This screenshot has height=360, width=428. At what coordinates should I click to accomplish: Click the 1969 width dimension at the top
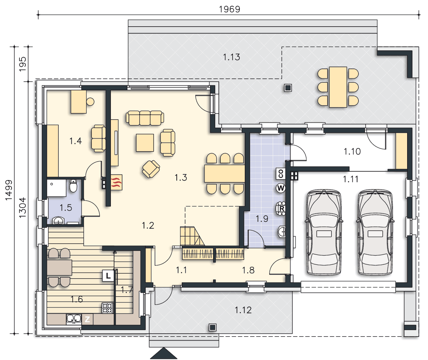pos(230,9)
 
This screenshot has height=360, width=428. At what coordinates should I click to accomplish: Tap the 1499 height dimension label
pos(9,190)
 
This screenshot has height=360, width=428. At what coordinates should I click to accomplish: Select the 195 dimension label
pos(22,64)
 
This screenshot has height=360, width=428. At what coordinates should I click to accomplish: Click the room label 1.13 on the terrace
pos(231,57)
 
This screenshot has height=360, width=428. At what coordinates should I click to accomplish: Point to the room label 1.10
pos(352,151)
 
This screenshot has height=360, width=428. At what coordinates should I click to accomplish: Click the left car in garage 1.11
pos(324,232)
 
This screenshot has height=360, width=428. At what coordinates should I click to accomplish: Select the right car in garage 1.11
pos(375,232)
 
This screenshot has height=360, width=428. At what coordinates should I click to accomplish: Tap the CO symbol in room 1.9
pos(281,173)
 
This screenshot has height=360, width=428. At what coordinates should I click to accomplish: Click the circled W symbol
pos(281,188)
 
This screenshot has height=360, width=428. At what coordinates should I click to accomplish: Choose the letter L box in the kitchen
pos(108,276)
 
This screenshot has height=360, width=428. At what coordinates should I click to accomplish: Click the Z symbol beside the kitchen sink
pos(87,319)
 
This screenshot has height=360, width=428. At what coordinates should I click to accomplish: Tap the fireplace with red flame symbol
pos(117,182)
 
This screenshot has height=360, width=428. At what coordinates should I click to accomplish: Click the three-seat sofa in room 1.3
pos(145,118)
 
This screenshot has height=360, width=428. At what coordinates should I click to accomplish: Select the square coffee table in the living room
pos(145,143)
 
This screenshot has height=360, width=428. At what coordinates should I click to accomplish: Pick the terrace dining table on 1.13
pos(338,87)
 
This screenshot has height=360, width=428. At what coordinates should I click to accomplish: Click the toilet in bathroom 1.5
pos(73,186)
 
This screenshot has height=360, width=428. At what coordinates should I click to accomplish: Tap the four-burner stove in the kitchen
pos(108,308)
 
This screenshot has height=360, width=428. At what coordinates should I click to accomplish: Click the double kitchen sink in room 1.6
pos(74,319)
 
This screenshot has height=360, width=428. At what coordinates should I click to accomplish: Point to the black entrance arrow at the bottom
pos(163,353)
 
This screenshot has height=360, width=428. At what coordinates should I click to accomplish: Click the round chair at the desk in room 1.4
pos(90,102)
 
